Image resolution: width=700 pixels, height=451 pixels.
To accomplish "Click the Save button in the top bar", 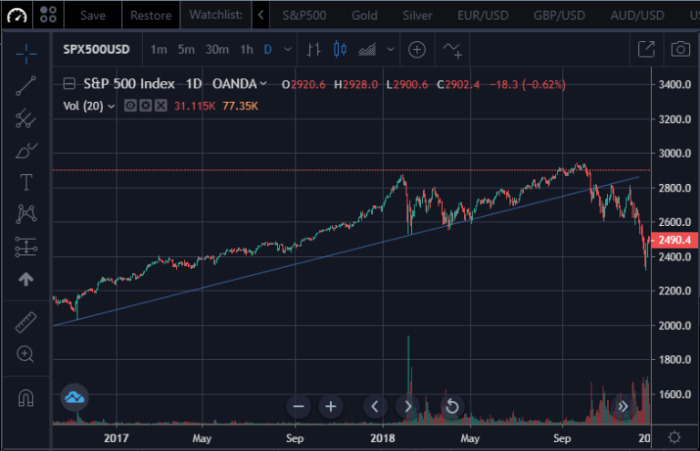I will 94,15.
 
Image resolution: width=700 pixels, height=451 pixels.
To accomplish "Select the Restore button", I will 150,15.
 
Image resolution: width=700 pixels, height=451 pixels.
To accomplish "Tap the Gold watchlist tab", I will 365,15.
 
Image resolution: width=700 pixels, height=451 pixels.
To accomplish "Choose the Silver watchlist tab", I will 417,15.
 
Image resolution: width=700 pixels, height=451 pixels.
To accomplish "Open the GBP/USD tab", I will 559,15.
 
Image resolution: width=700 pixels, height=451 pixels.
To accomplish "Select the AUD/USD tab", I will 638,15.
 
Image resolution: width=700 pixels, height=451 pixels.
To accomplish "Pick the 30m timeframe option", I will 217,49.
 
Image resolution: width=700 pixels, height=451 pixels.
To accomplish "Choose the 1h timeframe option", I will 246,49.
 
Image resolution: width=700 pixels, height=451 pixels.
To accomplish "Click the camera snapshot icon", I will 679,49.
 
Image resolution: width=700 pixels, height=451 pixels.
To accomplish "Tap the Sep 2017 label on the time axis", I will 293,438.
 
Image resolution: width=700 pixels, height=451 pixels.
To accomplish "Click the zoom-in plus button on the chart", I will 331,406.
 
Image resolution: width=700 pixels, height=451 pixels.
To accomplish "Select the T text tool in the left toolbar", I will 26,182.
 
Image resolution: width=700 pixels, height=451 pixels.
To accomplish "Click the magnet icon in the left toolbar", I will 26,398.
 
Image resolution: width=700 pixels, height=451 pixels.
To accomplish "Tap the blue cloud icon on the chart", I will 75,397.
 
